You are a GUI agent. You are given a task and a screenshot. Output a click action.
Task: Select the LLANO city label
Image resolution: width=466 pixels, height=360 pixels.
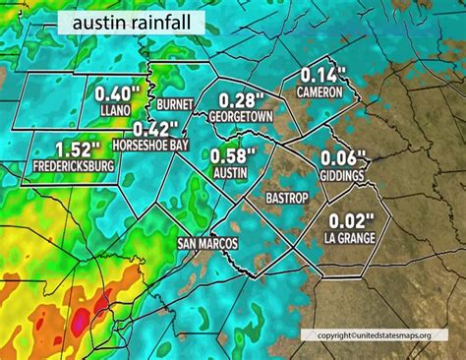point(115,111)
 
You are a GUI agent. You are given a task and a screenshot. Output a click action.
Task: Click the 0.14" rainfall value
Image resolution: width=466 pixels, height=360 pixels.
point(319,75)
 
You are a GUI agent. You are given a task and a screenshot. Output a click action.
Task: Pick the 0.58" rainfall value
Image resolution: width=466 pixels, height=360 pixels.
point(229,155)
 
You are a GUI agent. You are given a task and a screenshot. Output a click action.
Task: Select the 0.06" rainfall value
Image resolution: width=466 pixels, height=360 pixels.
point(344,159)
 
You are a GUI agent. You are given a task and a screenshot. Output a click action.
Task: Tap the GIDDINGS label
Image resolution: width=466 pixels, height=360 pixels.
point(343,175)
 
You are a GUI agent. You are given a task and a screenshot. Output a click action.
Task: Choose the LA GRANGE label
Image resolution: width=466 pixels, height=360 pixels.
point(350,237)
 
